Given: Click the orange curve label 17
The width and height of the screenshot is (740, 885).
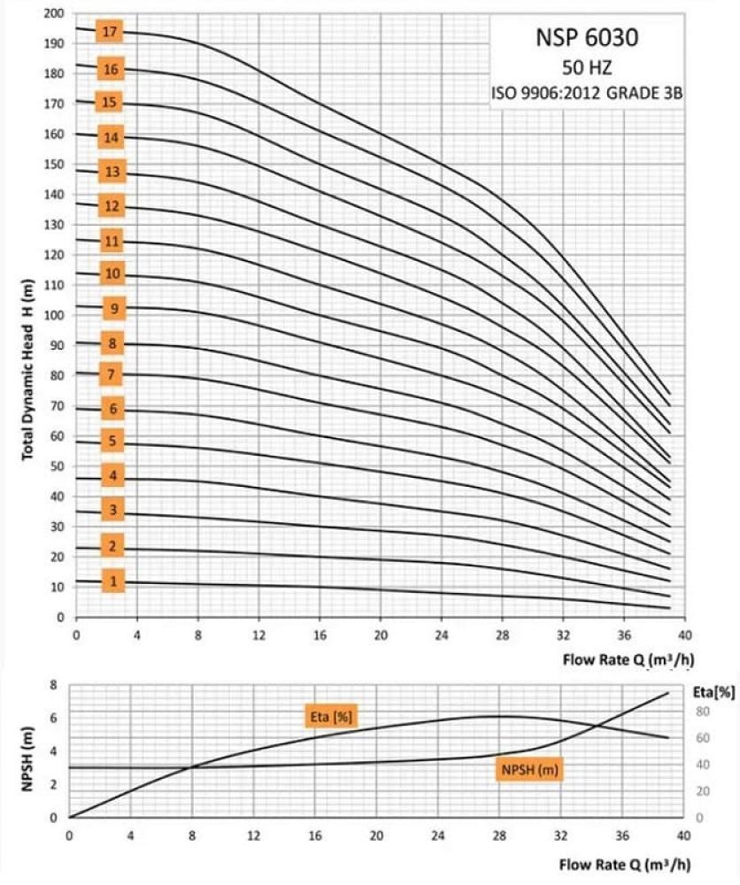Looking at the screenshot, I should [x=110, y=32].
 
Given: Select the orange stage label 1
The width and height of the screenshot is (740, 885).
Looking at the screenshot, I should [x=112, y=581].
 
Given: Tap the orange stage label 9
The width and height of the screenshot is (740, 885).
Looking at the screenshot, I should [x=115, y=309].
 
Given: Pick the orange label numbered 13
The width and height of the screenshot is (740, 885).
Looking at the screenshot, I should [x=112, y=172].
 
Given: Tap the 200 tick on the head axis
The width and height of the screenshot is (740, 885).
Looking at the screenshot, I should [x=56, y=14].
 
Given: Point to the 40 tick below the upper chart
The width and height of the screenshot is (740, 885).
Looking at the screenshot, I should [x=683, y=635].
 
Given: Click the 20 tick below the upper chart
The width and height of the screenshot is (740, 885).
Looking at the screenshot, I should [x=380, y=635].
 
